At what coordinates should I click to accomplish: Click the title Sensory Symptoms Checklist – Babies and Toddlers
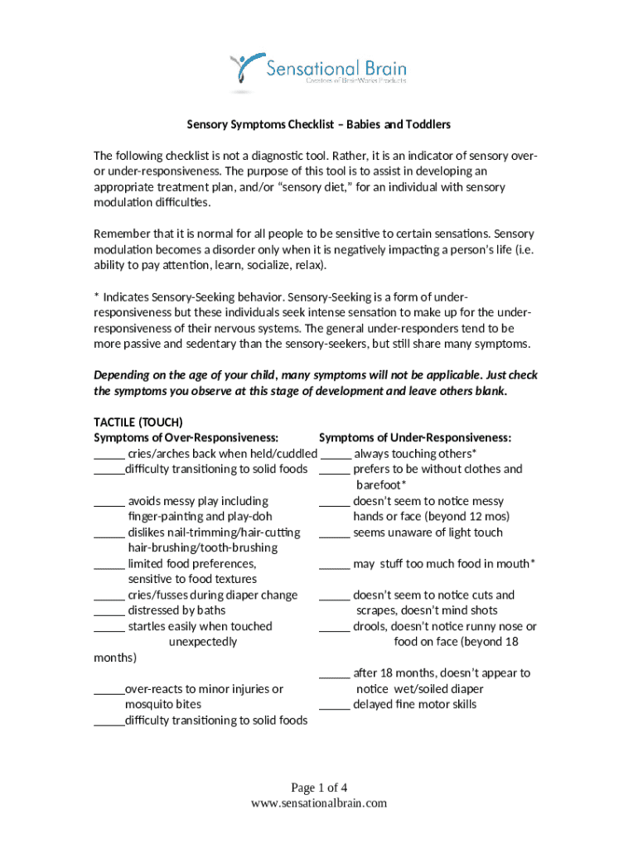(318, 125)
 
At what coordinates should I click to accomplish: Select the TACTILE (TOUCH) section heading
(138, 422)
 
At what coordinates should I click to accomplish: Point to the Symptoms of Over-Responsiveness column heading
(186, 437)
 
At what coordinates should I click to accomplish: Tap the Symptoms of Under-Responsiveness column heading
(415, 437)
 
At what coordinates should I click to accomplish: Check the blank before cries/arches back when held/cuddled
(109, 455)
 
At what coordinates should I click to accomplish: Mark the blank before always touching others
(335, 455)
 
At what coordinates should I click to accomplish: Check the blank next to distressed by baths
(109, 612)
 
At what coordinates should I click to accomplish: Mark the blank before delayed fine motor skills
(335, 706)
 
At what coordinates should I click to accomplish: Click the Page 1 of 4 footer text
(318, 788)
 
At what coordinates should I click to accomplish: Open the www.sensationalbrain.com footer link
(318, 803)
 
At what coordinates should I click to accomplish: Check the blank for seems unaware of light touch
(335, 533)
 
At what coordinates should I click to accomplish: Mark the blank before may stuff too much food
(335, 565)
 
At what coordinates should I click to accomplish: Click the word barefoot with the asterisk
(381, 485)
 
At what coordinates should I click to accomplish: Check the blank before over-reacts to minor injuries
(109, 690)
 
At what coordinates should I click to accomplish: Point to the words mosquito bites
(162, 705)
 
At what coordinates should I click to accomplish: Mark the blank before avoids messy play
(109, 502)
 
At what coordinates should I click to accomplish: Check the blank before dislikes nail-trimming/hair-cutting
(109, 533)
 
